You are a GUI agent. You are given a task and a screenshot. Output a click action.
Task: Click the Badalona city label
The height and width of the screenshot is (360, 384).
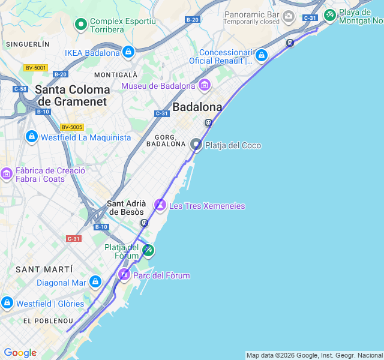[x=197, y=107]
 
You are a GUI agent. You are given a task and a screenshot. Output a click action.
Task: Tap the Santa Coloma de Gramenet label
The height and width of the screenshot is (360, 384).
[x=72, y=95]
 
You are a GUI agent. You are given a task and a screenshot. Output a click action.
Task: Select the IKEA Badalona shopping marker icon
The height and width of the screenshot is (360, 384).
[x=128, y=53]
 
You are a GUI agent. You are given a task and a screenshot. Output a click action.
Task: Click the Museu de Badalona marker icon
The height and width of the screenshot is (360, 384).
[x=205, y=85]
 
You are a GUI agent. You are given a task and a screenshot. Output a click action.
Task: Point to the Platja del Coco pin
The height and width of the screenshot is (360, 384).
[x=196, y=145]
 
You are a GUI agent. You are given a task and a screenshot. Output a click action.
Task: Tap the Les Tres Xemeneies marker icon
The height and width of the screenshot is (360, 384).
[x=160, y=205]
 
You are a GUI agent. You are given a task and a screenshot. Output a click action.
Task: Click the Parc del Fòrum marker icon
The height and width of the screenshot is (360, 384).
[x=124, y=275]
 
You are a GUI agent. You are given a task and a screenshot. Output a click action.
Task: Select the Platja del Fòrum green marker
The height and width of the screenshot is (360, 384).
[x=148, y=249]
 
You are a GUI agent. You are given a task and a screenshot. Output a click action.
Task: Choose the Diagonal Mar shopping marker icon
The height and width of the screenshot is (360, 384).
[x=95, y=282]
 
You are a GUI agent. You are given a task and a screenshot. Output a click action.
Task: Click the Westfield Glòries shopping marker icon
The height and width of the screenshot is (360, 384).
[x=7, y=303]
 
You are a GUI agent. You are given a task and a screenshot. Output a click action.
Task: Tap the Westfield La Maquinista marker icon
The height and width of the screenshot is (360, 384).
[x=31, y=137]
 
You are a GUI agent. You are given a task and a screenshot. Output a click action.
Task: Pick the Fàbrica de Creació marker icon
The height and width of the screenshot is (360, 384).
[x=7, y=174]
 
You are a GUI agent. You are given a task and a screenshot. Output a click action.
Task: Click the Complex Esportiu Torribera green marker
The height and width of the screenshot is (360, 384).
[x=80, y=25]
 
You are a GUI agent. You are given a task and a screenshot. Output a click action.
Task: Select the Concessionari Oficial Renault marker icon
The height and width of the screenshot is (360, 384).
[x=260, y=56]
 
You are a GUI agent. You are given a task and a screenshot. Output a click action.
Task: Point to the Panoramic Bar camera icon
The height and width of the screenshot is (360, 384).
[x=289, y=16]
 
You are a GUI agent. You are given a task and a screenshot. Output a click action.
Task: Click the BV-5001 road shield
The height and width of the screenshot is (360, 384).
[x=35, y=68]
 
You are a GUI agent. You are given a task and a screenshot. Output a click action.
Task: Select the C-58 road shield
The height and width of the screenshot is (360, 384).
[x=20, y=89]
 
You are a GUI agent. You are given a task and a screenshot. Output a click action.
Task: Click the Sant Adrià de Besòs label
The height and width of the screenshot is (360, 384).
[x=125, y=208]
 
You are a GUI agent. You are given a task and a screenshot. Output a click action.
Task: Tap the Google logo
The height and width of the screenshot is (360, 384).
[x=20, y=352]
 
